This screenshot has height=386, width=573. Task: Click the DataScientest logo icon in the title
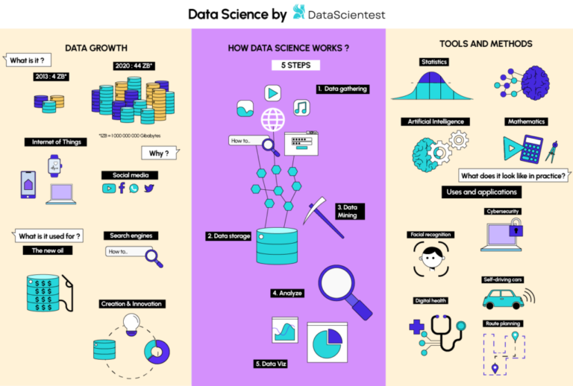(x=298, y=13)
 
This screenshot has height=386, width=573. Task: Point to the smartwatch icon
(x=55, y=165)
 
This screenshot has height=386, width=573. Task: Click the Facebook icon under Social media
(x=122, y=189)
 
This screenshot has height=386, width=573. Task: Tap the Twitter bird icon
(x=149, y=189)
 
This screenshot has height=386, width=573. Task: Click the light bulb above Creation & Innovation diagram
(x=132, y=322)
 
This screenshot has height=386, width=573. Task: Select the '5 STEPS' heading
(x=289, y=65)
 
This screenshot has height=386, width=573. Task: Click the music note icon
(x=301, y=107)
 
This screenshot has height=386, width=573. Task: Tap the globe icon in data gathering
(x=272, y=119)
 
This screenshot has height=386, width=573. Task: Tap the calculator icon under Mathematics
(x=531, y=149)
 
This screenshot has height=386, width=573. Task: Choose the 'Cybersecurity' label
(x=502, y=211)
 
